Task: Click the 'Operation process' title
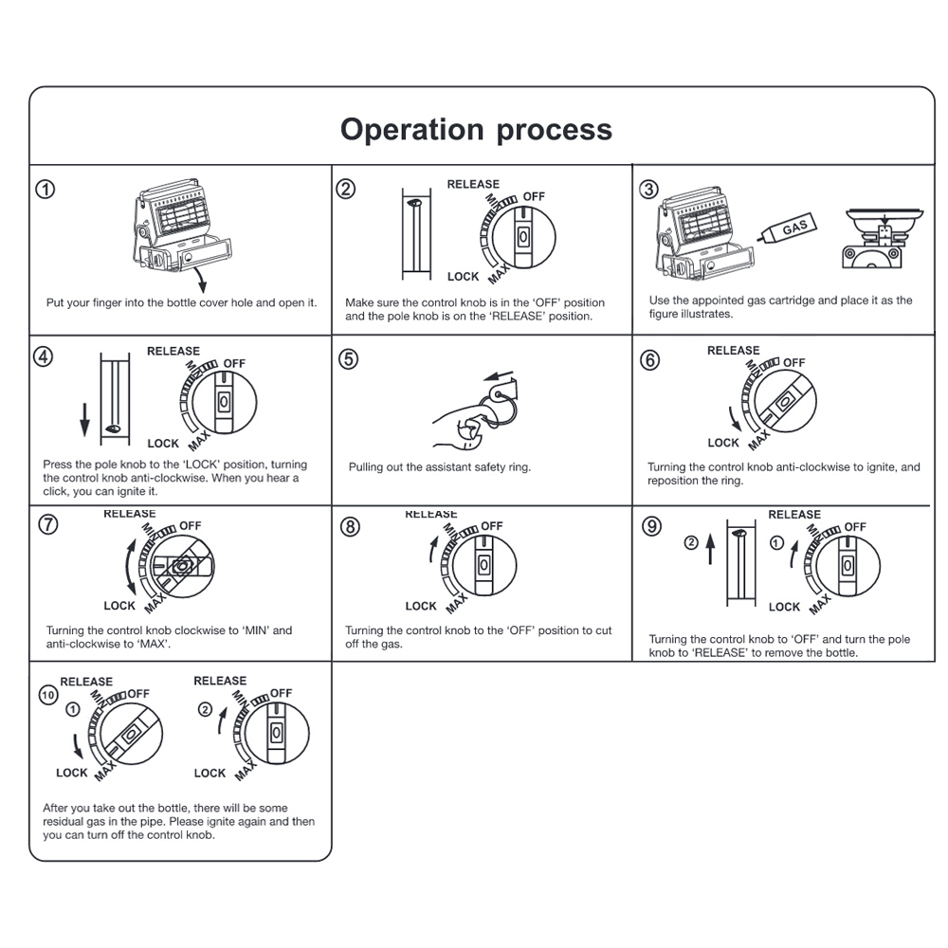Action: click(x=476, y=129)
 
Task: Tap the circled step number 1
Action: click(x=46, y=189)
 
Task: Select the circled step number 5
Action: click(x=349, y=359)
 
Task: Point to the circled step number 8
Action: click(x=350, y=528)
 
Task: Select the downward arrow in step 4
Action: click(x=84, y=417)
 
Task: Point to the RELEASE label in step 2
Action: click(x=473, y=184)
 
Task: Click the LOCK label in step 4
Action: click(x=163, y=443)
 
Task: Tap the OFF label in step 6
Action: click(x=793, y=363)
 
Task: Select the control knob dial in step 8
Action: click(x=483, y=565)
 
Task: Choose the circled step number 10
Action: click(x=46, y=694)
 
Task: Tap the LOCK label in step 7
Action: click(x=119, y=606)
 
